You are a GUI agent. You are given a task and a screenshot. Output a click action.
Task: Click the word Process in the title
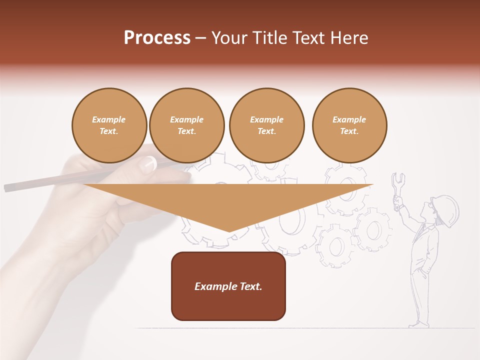coord(157,38)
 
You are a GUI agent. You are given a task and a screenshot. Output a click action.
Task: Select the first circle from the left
coord(109,125)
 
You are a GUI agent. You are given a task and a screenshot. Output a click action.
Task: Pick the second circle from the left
coord(186,125)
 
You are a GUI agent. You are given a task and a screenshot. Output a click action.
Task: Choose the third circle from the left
coord(266,125)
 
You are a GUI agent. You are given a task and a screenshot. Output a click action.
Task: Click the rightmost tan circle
coord(349,125)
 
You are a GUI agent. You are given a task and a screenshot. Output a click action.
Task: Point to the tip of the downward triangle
coord(229,230)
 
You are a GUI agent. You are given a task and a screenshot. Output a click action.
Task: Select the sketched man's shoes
coord(419,324)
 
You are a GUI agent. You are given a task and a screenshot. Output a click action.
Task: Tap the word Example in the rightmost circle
coord(349,119)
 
